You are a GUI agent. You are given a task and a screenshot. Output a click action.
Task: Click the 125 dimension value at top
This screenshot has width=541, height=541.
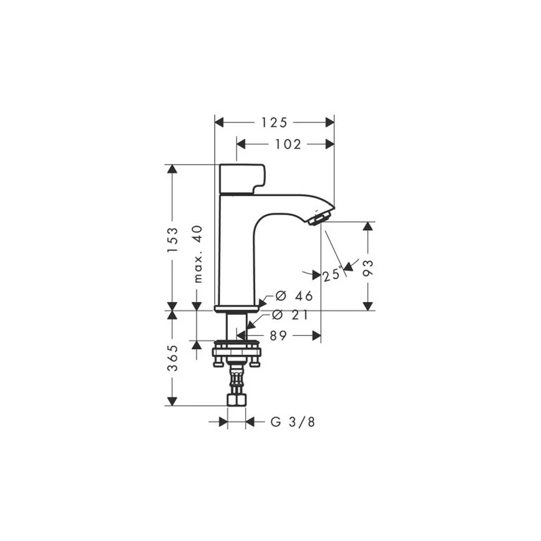tap(274, 122)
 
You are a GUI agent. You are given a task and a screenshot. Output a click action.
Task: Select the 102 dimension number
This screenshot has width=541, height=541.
tap(288, 144)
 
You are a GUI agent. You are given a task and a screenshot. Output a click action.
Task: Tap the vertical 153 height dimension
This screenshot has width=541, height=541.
tap(173, 240)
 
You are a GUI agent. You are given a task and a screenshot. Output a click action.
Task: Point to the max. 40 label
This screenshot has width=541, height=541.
tap(197, 254)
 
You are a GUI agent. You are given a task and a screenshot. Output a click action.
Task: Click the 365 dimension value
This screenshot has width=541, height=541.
tap(173, 358)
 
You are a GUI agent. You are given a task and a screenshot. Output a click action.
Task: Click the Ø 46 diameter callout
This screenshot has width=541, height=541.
tap(294, 296)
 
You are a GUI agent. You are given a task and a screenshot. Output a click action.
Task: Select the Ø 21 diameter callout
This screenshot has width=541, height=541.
tap(290, 315)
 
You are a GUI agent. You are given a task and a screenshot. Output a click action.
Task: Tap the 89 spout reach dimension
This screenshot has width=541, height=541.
tap(278, 335)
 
